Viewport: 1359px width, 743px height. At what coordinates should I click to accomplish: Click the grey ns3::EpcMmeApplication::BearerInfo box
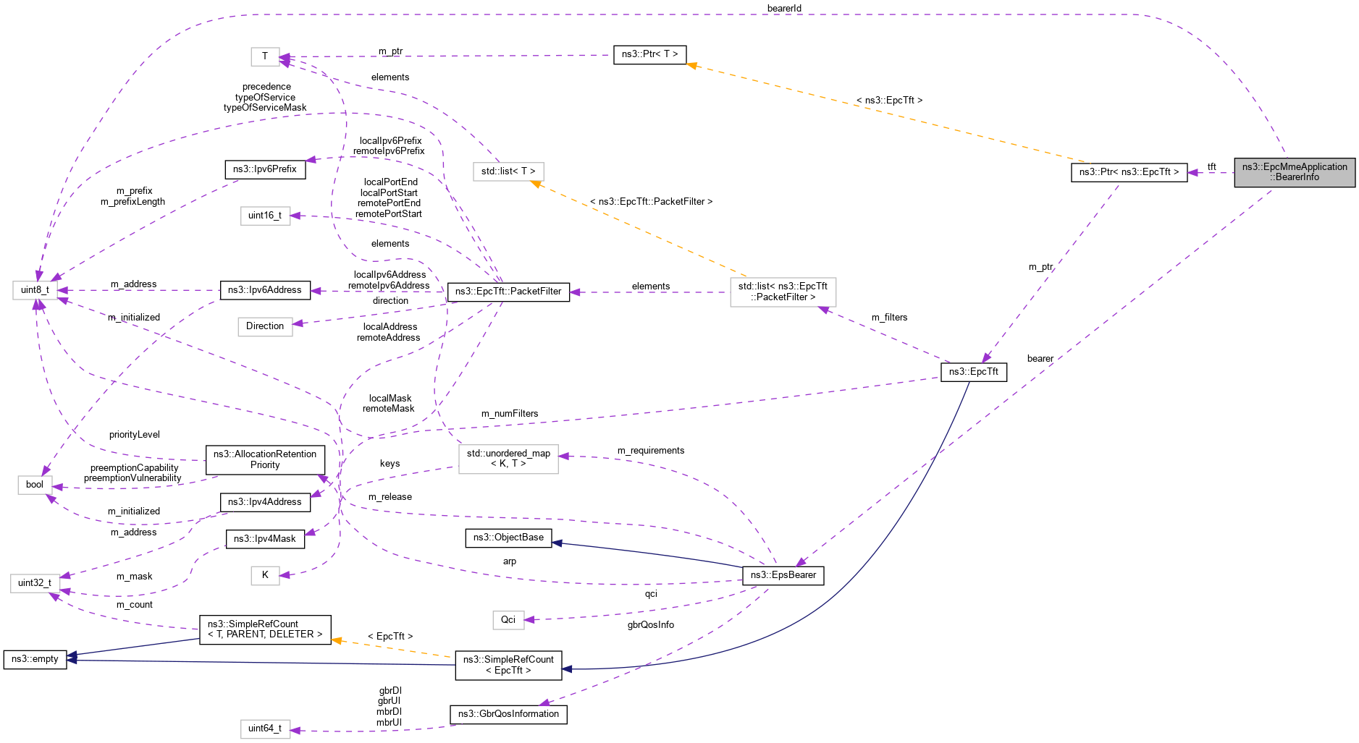point(1294,172)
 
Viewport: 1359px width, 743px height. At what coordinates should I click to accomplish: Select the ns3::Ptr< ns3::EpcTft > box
point(1128,172)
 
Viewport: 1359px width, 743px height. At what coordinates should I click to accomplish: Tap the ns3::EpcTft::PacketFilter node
point(508,292)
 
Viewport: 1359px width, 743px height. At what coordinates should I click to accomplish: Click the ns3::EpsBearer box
point(783,575)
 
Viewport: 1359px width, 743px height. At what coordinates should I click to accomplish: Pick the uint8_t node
point(35,290)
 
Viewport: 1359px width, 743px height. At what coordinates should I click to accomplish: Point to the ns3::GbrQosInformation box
point(508,714)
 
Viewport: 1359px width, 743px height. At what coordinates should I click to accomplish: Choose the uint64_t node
point(265,729)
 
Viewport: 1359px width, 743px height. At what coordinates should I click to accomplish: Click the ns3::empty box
point(35,659)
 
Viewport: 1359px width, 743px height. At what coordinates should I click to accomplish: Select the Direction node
point(265,326)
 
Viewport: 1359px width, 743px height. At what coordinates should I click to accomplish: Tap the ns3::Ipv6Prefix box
point(265,169)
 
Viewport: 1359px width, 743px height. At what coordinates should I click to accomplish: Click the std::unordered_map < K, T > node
point(508,459)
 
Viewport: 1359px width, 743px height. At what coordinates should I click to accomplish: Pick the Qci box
point(508,620)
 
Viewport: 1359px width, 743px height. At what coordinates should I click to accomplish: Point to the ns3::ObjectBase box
point(508,538)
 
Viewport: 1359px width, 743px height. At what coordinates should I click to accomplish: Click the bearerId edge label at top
point(784,9)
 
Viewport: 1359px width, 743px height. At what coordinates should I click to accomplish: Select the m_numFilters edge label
point(510,414)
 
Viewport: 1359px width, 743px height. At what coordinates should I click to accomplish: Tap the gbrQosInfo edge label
point(650,625)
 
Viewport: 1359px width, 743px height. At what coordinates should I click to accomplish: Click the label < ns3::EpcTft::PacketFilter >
point(651,202)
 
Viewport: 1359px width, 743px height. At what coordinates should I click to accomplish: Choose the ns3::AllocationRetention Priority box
point(265,459)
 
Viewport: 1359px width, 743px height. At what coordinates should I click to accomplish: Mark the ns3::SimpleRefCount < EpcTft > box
point(508,665)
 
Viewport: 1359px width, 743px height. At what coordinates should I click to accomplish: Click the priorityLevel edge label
point(135,435)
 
